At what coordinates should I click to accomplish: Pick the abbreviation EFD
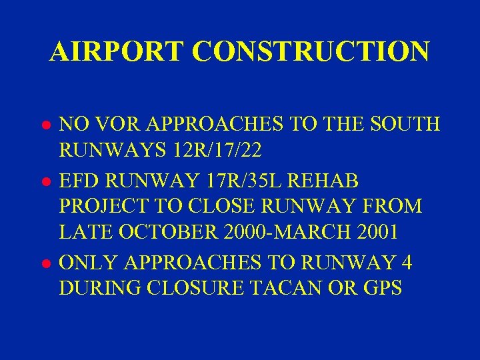79,180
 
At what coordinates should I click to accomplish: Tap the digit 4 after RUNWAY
405,263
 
